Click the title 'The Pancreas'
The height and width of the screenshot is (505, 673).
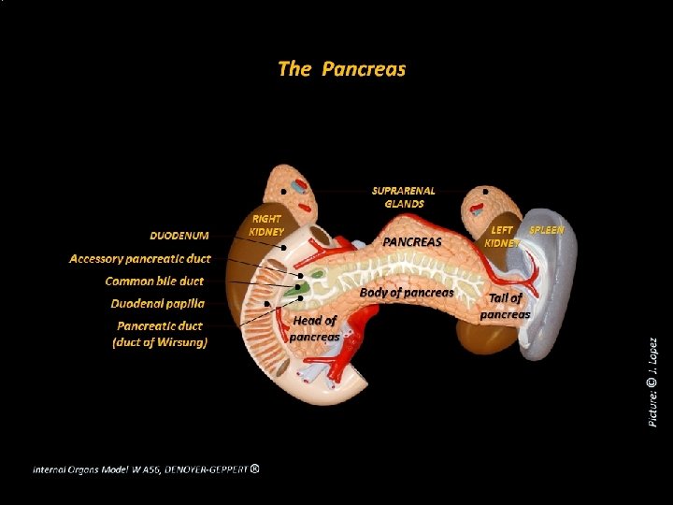point(341,69)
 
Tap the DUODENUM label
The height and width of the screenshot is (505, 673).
point(179,235)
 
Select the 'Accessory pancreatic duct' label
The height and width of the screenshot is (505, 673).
point(140,258)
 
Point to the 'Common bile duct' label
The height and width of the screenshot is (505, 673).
point(154,281)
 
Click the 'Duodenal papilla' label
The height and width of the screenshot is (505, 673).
point(157,303)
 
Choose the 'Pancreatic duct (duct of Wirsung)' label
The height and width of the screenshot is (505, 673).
point(160,334)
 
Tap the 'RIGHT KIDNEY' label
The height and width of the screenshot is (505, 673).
point(267,224)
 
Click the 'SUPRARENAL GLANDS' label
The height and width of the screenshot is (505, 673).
point(404,197)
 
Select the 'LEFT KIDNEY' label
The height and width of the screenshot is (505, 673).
point(503,236)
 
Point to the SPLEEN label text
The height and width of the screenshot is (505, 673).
point(547,229)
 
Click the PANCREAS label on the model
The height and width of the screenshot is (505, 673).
point(412,241)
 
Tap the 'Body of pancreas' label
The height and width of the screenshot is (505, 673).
point(407,292)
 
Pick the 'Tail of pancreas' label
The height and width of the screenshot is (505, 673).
point(505,306)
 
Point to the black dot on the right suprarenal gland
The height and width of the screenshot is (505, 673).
point(485,192)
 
